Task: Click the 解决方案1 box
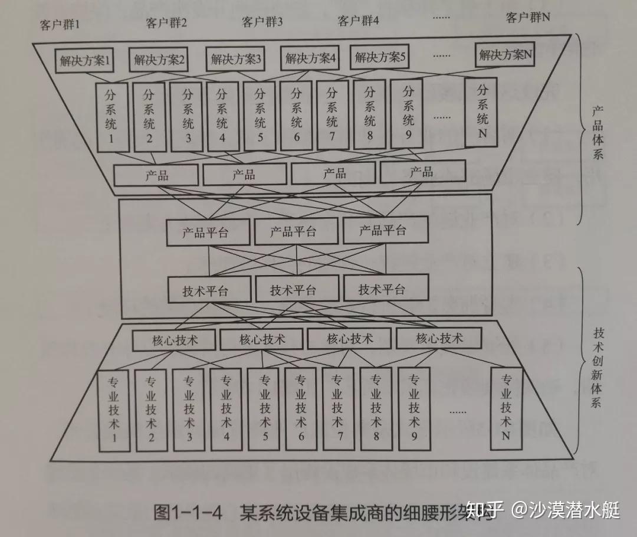pyautogui.click(x=84, y=60)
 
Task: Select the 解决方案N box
pyautogui.click(x=506, y=55)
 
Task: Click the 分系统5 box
pyautogui.click(x=259, y=116)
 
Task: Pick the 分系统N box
pyautogui.click(x=482, y=113)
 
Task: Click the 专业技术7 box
pyautogui.click(x=337, y=409)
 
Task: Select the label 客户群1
pyautogui.click(x=60, y=25)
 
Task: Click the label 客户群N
pyautogui.click(x=528, y=18)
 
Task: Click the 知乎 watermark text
pyautogui.click(x=484, y=509)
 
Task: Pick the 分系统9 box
pyautogui.click(x=408, y=114)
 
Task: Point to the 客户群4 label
pyautogui.click(x=358, y=21)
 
